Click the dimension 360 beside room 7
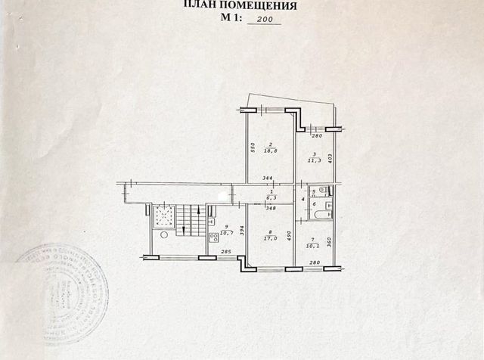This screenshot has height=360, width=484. coord(330,244)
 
